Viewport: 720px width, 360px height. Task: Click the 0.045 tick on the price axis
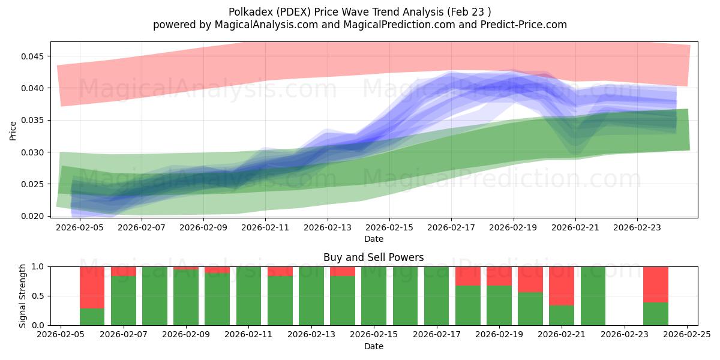click(x=34, y=56)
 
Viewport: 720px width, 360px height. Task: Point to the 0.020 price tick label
click(x=34, y=216)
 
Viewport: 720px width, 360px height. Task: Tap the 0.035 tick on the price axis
click(x=34, y=120)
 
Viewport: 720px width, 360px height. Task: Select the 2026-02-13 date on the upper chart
click(x=328, y=228)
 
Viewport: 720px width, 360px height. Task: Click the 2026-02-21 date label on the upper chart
click(x=575, y=228)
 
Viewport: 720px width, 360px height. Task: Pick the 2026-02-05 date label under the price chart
click(x=80, y=228)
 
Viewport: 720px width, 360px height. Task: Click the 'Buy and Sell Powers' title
click(x=373, y=257)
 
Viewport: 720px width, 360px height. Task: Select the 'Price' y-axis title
click(x=13, y=130)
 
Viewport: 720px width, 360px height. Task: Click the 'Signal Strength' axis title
click(x=23, y=296)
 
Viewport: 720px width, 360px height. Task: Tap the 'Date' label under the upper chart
click(x=373, y=239)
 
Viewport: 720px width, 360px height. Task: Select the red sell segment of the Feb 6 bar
click(x=92, y=287)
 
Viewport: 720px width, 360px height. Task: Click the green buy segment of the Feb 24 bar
click(x=656, y=313)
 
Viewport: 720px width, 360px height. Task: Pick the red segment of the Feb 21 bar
click(x=562, y=286)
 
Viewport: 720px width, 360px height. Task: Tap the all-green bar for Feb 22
click(x=593, y=296)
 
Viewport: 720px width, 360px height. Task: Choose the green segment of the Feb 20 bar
click(x=530, y=308)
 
